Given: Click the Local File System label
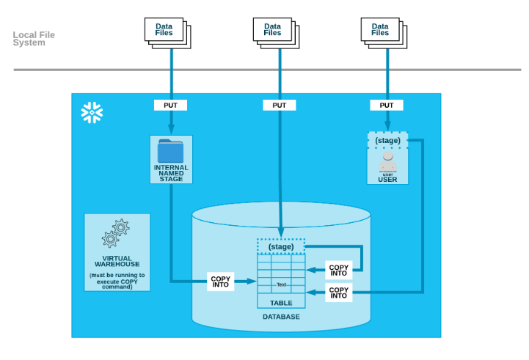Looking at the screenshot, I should (34, 39).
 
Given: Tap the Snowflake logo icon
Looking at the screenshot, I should (92, 113).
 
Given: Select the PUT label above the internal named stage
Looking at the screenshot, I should (170, 105).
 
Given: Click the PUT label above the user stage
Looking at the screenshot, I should (387, 105).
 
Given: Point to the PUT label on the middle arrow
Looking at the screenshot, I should (280, 105).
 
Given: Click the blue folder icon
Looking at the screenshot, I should (170, 150).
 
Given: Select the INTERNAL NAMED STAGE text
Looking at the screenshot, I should (171, 173).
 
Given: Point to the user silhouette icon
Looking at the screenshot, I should (387, 161).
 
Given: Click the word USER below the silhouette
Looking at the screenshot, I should (387, 180).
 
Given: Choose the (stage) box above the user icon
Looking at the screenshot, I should (387, 139).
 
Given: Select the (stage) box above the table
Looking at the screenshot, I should (281, 247).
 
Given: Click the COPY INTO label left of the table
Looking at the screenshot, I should (220, 282).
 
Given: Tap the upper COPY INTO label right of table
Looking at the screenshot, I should (338, 271).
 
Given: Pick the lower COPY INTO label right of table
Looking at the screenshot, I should (338, 293).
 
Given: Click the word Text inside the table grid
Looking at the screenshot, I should (281, 284).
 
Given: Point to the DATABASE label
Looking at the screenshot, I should (281, 317).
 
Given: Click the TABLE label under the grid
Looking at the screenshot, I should (281, 302).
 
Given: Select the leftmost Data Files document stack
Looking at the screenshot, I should (166, 31).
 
